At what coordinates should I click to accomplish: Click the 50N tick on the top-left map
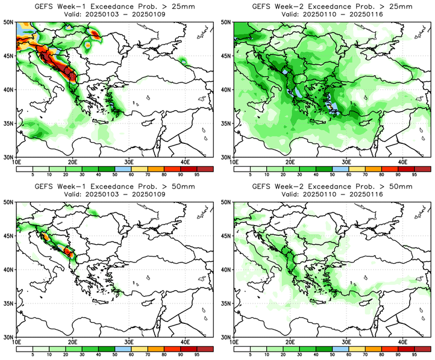click(9, 22)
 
